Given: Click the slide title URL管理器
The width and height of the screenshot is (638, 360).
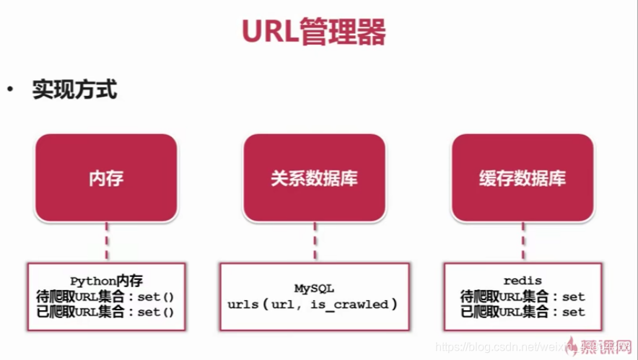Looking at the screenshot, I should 313,32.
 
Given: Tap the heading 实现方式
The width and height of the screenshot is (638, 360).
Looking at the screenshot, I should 74,91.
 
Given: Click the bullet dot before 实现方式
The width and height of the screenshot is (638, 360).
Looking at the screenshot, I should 10,91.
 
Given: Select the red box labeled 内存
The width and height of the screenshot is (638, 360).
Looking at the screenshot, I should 106,177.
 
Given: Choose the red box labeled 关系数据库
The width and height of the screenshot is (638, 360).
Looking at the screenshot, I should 314,177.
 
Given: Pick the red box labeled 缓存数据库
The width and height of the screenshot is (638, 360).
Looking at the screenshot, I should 523,177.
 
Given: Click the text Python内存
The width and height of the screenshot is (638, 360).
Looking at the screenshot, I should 106,281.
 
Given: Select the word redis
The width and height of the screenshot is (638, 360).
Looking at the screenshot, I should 523,281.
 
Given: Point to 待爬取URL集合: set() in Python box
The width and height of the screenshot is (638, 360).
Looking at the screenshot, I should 106,297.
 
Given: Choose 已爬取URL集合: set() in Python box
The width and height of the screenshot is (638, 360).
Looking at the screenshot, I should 106,312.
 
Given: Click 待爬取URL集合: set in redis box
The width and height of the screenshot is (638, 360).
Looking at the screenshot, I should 523,297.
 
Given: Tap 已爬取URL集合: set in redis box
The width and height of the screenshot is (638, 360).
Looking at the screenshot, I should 523,312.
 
